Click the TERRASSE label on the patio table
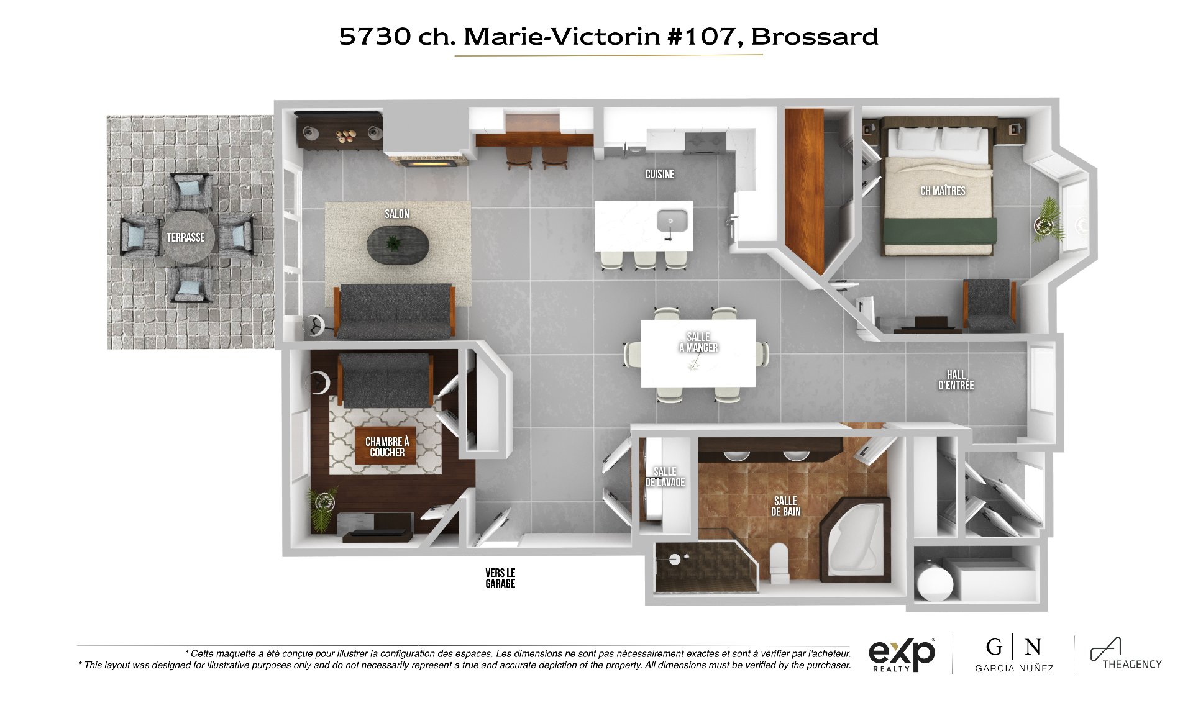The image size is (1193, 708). (x=185, y=237)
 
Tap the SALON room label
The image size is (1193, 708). (x=397, y=214)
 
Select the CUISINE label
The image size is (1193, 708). (x=660, y=174)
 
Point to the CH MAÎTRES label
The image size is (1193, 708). (x=943, y=191)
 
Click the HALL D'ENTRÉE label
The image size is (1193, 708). (x=956, y=379)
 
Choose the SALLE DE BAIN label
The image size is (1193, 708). (x=786, y=506)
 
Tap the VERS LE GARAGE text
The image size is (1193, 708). (x=500, y=578)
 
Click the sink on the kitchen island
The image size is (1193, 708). (x=672, y=222)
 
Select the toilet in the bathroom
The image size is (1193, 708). (x=779, y=563)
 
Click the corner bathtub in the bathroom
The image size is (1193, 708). (x=855, y=539)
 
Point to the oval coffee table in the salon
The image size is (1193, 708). (x=398, y=243)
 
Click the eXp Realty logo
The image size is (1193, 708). (x=902, y=655)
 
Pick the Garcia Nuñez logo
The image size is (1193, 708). (x=1014, y=654)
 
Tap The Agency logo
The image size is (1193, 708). (x=1126, y=654)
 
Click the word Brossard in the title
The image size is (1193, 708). (x=815, y=37)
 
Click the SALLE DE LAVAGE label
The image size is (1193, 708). (x=665, y=477)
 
